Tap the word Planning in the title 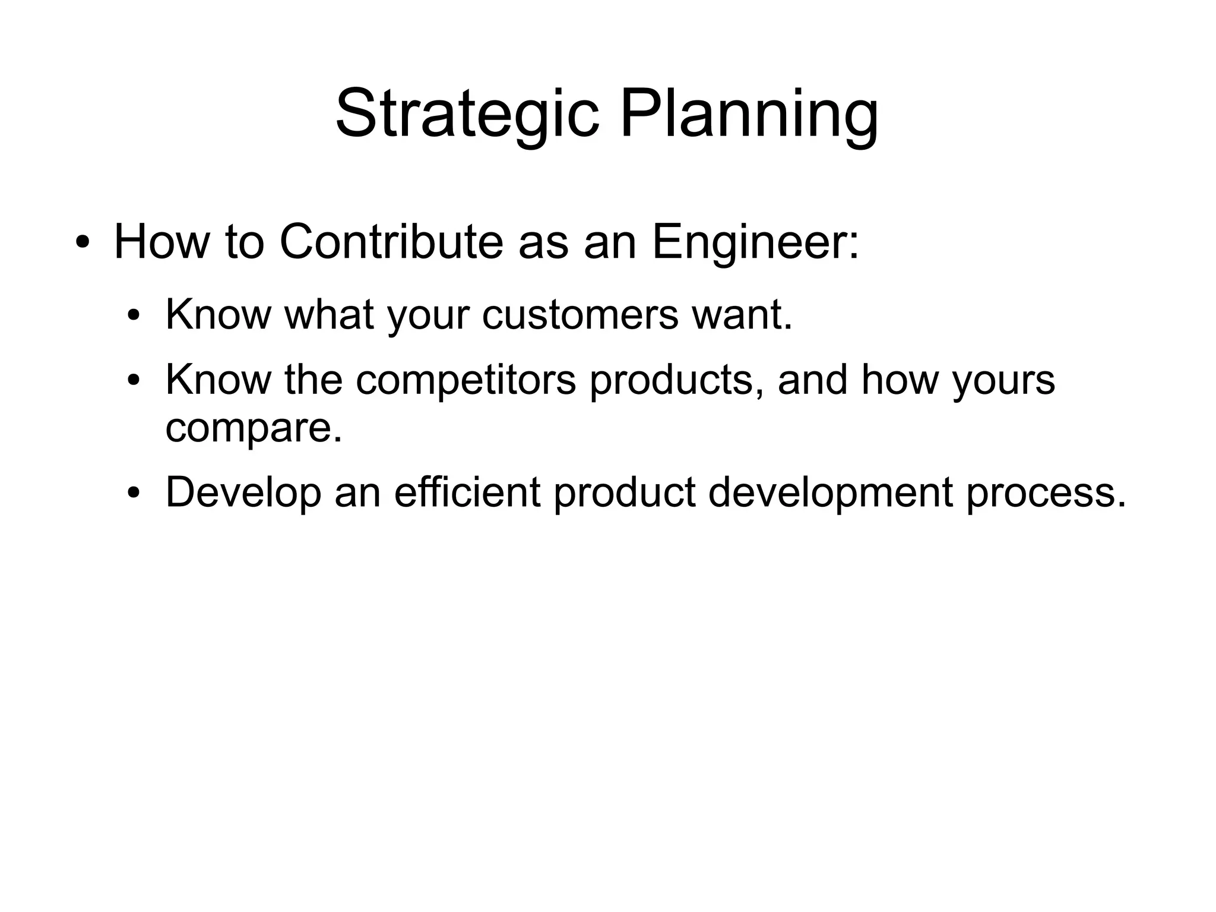(x=749, y=115)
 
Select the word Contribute (x=391, y=243)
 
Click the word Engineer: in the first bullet (x=755, y=243)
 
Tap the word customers (x=580, y=314)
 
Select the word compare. (x=254, y=427)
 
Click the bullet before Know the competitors (x=134, y=380)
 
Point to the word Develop (x=243, y=493)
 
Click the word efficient (x=467, y=493)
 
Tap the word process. (x=1046, y=493)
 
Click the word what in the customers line (x=330, y=314)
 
